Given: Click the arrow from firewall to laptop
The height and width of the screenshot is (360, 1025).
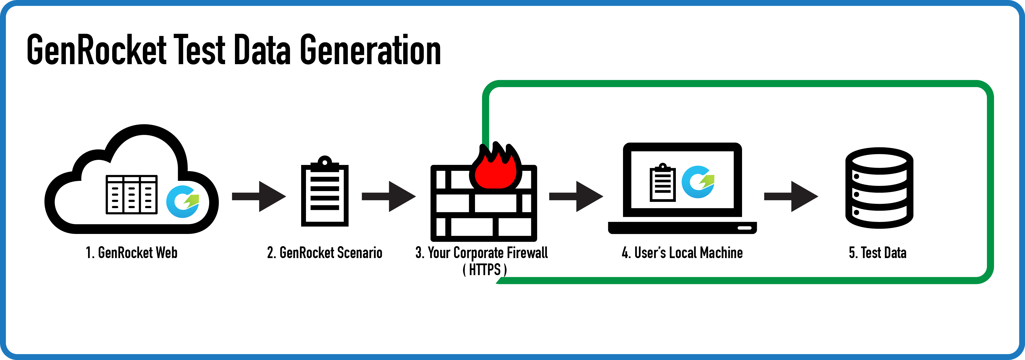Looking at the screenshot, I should [x=576, y=196].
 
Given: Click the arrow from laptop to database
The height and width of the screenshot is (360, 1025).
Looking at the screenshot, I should [x=791, y=196].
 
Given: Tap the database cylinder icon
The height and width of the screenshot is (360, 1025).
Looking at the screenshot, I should [x=879, y=188].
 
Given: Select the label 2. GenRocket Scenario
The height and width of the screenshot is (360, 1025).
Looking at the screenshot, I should [x=325, y=253].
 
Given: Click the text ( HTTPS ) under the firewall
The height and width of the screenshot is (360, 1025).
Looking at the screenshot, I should [x=485, y=270].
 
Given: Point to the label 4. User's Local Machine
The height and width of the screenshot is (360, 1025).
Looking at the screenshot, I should [x=682, y=253].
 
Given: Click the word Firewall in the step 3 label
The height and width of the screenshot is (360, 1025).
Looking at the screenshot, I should [x=527, y=253].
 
